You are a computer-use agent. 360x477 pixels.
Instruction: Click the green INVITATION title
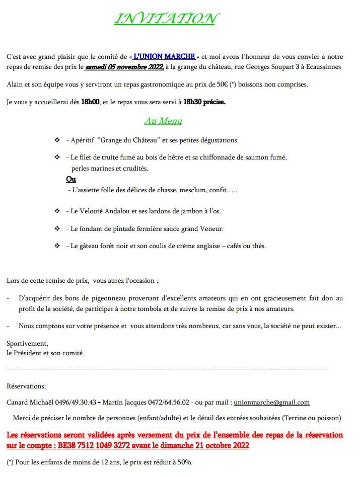point(165,19)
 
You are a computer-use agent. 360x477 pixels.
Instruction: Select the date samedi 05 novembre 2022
point(124,67)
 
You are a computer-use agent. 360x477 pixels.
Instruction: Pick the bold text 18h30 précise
point(204,102)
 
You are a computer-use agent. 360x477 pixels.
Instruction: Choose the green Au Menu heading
point(163,121)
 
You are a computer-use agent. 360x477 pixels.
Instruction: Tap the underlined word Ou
point(70,179)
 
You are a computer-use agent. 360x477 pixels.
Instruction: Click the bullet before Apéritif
point(57,140)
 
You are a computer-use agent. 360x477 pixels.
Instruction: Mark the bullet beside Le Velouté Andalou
point(57,211)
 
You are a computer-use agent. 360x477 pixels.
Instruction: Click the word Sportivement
point(28,343)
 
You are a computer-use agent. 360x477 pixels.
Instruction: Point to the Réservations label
point(26,386)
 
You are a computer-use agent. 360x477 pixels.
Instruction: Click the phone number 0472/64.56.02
point(166,403)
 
